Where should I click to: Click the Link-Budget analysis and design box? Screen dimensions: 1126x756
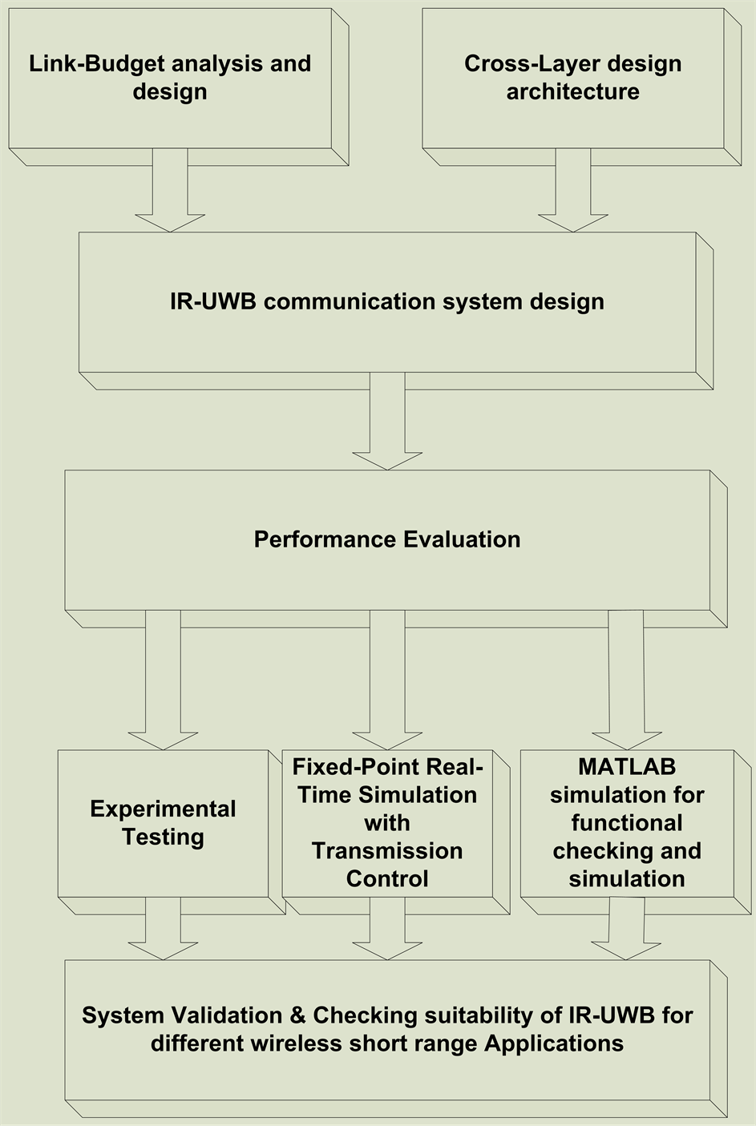click(x=170, y=78)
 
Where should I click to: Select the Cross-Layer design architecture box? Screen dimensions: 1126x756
click(x=572, y=78)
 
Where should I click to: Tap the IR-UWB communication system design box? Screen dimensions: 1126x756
click(x=387, y=302)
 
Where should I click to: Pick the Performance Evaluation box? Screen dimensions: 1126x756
click(x=387, y=539)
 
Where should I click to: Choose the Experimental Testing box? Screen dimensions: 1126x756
click(x=163, y=823)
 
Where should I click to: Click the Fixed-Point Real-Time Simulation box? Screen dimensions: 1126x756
click(x=387, y=823)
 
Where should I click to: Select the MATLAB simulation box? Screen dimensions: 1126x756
click(x=627, y=823)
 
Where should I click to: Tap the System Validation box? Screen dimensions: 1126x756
click(x=387, y=1030)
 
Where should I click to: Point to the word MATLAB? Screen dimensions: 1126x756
click(x=627, y=767)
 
